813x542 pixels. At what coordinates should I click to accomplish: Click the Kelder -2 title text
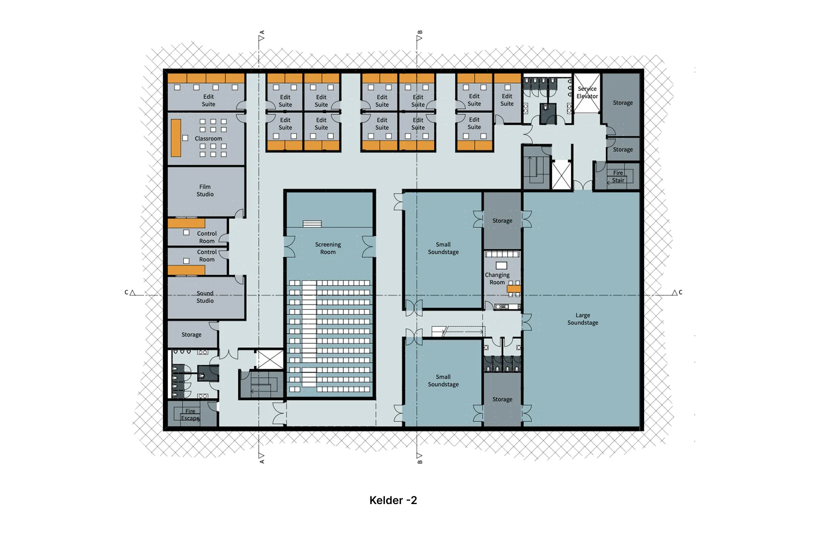tap(393, 500)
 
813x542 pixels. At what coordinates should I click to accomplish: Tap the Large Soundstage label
tap(583, 319)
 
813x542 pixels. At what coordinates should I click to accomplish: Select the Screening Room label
tap(328, 248)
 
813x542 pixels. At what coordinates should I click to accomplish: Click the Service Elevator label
tap(587, 93)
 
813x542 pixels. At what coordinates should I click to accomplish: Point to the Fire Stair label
tap(618, 177)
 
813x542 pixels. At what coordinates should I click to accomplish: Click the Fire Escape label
tap(190, 415)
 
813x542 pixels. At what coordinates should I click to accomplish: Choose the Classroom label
tap(208, 139)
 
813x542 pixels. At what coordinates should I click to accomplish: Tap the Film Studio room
tap(205, 190)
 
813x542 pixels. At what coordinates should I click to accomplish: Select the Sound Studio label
tap(205, 297)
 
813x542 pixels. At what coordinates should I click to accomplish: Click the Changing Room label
tap(497, 278)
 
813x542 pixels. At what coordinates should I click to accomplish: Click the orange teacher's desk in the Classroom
tap(176, 138)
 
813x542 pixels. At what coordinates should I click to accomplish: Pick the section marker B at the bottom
tap(419, 458)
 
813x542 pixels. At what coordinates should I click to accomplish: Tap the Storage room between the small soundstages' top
tap(502, 220)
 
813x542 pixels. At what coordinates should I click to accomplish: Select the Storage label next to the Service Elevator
tap(622, 103)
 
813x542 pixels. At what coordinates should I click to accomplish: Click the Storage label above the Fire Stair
tap(622, 150)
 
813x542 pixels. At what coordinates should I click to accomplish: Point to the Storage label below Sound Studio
tap(192, 335)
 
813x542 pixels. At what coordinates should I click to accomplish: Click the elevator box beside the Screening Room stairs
tap(270, 360)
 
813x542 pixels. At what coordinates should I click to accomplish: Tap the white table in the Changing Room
tap(501, 266)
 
